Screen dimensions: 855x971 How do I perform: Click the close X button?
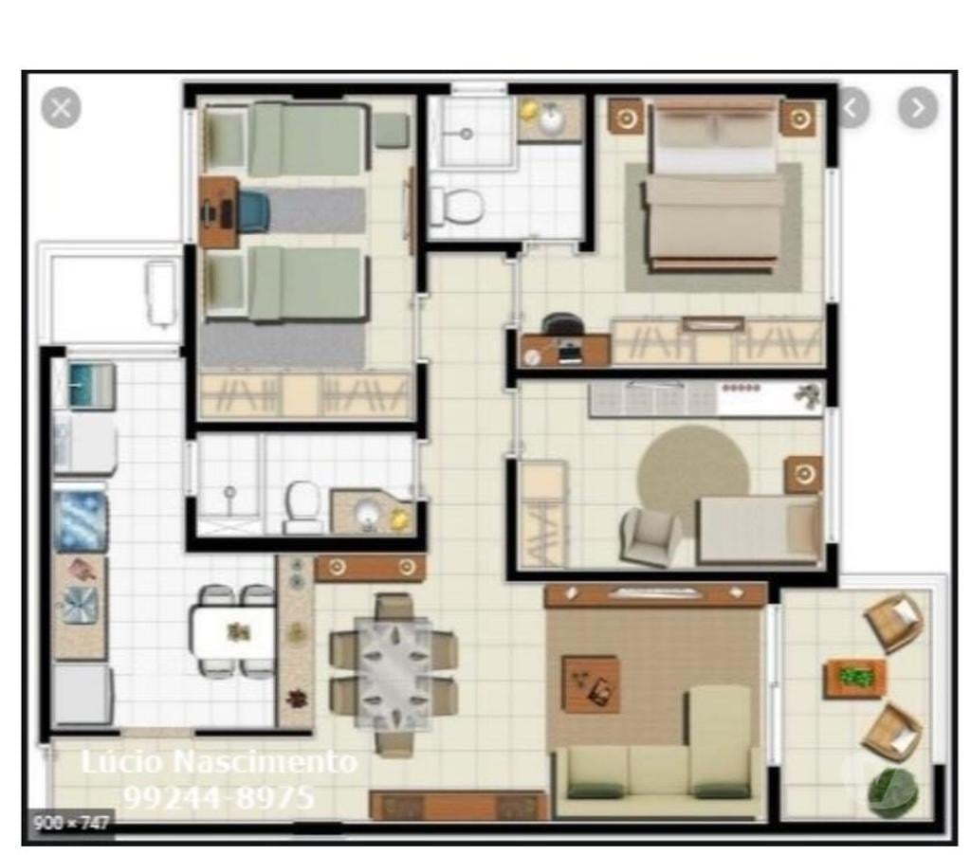pyautogui.click(x=61, y=108)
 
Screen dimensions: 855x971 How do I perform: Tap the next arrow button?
pyautogui.click(x=917, y=108)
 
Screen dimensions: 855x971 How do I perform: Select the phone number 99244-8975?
pyautogui.click(x=218, y=796)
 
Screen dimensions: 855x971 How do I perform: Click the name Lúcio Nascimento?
pyautogui.click(x=218, y=762)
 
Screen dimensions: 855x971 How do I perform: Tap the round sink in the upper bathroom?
pyautogui.click(x=551, y=119)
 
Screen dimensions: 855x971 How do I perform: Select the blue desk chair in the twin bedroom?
pyautogui.click(x=252, y=211)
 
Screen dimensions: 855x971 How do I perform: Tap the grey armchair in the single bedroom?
pyautogui.click(x=650, y=537)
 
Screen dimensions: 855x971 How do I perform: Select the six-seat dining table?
pyautogui.click(x=393, y=672)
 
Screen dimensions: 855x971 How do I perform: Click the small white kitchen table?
pyautogui.click(x=233, y=632)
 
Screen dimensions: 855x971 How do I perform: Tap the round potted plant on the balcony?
pyautogui.click(x=892, y=791)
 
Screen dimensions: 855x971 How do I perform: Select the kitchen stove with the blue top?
pyautogui.click(x=81, y=520)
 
